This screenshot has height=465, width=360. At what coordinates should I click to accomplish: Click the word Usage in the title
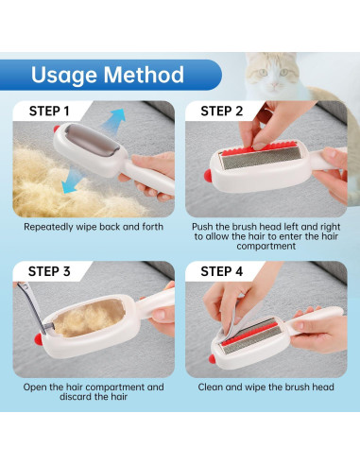point(63,76)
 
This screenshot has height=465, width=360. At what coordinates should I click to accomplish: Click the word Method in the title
point(144,75)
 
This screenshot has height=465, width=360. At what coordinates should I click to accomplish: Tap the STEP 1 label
point(49,112)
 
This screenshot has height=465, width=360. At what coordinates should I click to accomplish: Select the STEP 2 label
point(222,112)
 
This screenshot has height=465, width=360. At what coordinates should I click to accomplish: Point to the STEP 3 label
point(49,271)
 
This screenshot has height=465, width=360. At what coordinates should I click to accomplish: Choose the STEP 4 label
point(222,271)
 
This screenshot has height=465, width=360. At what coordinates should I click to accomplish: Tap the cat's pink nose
point(275,84)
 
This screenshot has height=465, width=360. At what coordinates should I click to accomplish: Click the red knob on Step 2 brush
point(208,176)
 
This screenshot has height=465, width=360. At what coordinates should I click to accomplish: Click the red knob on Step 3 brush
point(39,339)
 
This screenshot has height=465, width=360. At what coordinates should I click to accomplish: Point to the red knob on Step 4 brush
point(213,359)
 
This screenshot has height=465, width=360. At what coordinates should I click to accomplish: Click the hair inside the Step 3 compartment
point(90,318)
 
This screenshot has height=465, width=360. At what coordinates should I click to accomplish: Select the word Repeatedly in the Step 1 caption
point(48,227)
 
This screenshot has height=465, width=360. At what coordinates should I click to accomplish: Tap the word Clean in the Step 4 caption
point(211,387)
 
